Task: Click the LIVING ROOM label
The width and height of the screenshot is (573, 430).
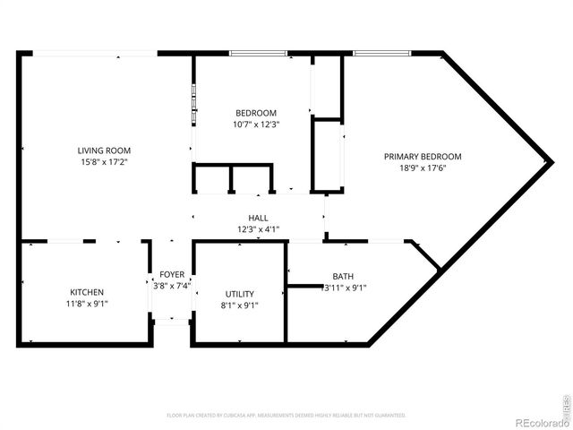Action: tap(104, 150)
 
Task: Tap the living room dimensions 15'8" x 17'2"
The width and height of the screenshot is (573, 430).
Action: tap(104, 162)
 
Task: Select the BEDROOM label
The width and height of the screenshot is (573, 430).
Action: tap(255, 113)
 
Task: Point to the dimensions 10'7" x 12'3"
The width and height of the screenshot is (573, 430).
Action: tap(255, 125)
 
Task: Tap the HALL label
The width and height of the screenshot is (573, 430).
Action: tap(258, 218)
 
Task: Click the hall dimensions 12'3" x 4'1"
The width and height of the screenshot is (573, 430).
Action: tap(258, 229)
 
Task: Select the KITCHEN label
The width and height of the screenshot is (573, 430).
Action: tap(87, 293)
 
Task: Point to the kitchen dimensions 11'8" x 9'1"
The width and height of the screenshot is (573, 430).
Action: tap(87, 305)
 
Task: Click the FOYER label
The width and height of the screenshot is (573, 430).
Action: tap(172, 274)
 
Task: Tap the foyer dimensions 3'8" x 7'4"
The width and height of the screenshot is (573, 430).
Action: tap(172, 286)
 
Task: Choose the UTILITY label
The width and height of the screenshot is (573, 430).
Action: tap(239, 294)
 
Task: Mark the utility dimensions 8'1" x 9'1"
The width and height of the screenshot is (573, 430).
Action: tap(239, 305)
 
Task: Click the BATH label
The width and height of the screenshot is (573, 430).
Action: tap(343, 277)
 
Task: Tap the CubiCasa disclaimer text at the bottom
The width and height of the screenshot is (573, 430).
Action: tap(286, 416)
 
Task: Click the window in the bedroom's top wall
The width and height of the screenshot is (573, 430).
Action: tap(258, 54)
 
